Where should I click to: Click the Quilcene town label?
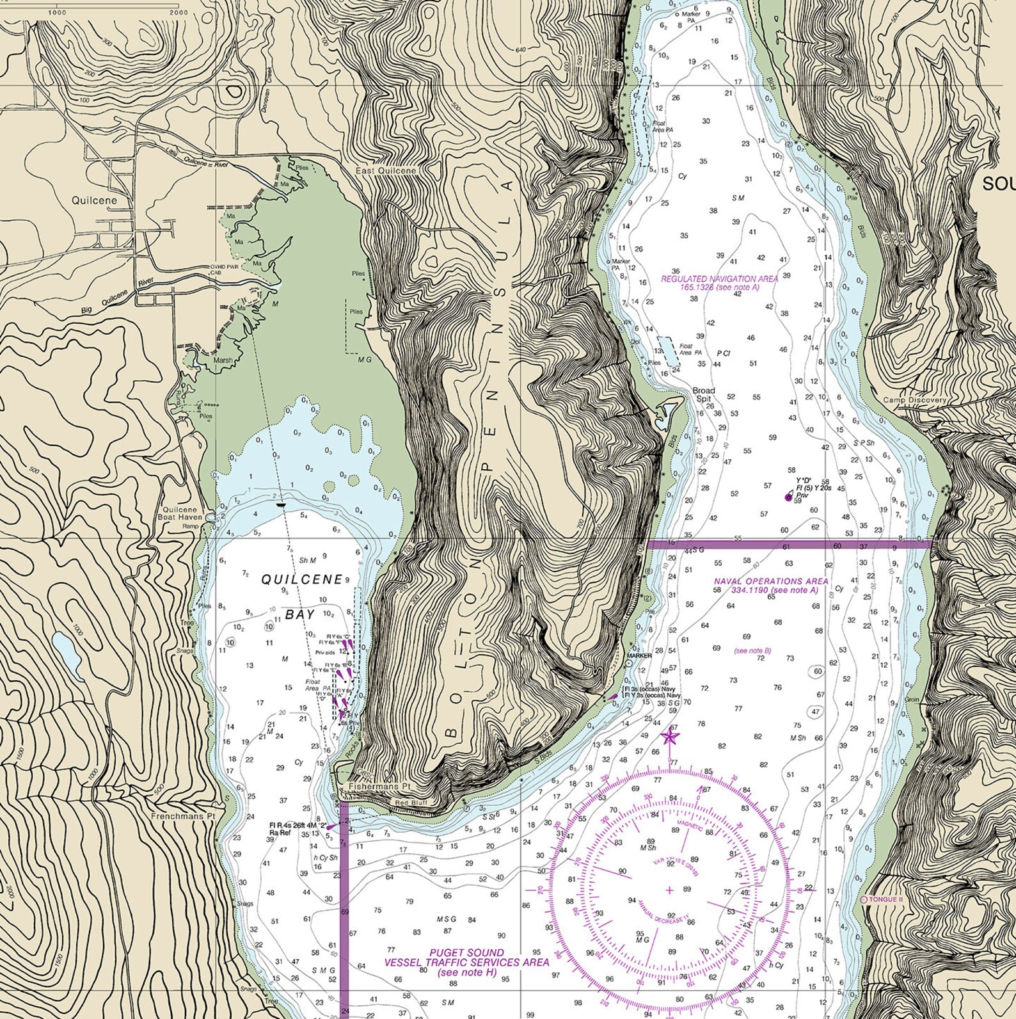(94, 200)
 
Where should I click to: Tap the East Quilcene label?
(386, 171)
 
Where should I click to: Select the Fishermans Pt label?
(370, 786)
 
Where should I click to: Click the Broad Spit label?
(704, 394)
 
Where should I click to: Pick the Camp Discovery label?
(914, 400)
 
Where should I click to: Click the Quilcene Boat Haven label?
(180, 513)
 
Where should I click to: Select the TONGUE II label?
(886, 899)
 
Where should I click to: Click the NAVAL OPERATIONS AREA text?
(771, 581)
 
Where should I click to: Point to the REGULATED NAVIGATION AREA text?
(719, 279)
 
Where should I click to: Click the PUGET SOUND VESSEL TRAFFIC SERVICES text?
(466, 958)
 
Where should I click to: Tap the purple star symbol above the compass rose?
(670, 737)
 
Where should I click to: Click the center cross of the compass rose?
(670, 890)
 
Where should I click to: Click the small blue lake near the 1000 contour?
(67, 656)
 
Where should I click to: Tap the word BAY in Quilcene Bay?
(300, 614)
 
